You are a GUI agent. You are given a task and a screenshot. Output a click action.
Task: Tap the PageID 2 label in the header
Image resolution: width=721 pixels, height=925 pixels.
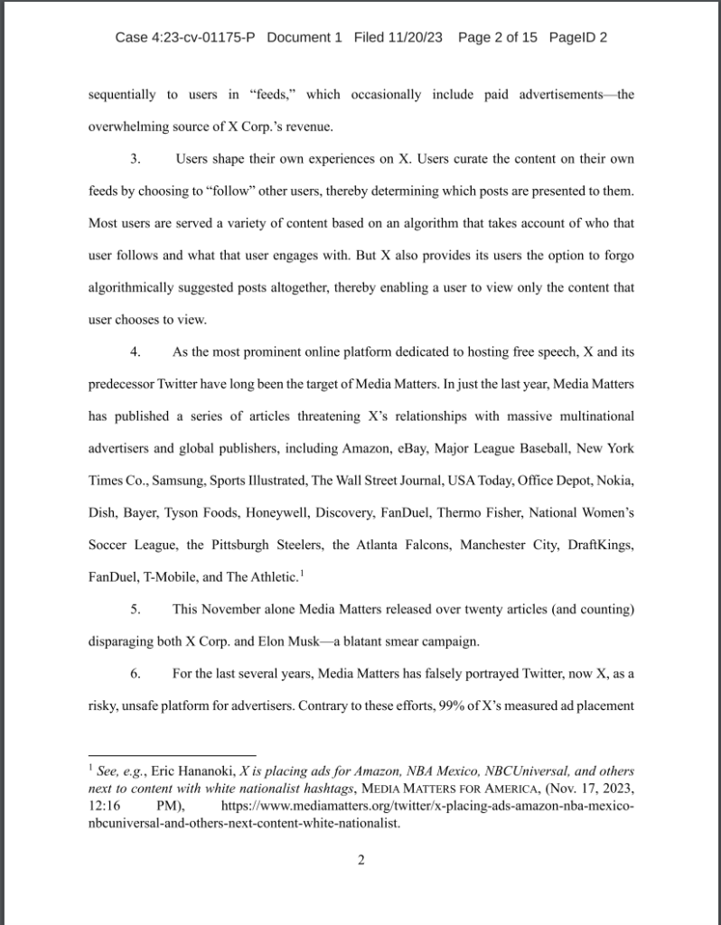tap(575, 38)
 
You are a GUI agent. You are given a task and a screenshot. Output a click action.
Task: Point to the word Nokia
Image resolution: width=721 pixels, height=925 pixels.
tap(613, 480)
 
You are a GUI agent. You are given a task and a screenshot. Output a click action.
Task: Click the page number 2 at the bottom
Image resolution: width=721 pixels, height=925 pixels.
tap(360, 859)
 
